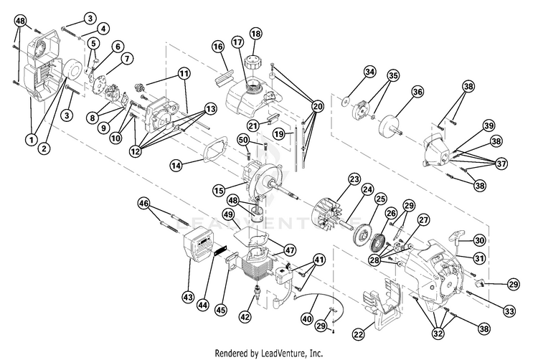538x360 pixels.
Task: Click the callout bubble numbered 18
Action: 255,34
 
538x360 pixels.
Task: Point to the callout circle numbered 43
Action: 188,297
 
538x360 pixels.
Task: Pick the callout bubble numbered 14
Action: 176,166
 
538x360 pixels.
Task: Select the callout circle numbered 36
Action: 417,92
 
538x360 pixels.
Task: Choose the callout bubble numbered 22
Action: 359,333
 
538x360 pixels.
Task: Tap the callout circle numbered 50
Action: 243,140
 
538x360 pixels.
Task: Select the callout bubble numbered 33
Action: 509,311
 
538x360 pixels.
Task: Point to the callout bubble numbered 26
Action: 391,214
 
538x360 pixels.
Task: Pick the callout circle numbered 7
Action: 127,58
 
